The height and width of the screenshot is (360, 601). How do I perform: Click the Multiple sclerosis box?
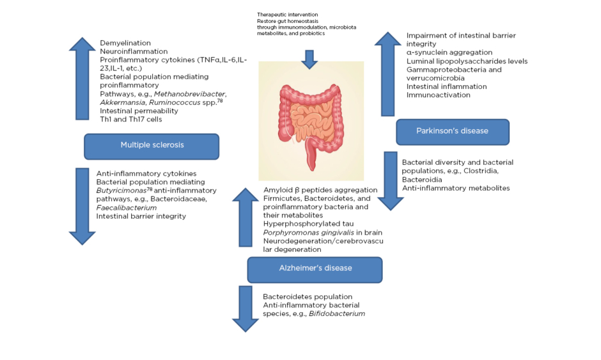pos(152,145)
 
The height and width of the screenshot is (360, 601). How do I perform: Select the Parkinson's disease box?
pos(452,131)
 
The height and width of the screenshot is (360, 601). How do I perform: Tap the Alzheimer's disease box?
pos(315,269)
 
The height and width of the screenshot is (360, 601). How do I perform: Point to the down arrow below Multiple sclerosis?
pos(82,205)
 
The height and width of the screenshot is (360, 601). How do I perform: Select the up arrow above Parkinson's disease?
pos(388,74)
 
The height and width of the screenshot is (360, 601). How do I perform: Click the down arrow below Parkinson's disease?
pos(390,181)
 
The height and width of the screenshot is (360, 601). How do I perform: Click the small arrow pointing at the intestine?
pos(309,59)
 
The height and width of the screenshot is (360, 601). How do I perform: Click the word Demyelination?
pos(125,43)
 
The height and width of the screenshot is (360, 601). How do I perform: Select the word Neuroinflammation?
pos(134,51)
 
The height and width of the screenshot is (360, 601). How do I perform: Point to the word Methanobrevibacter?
pos(191,93)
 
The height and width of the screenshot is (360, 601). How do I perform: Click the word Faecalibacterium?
pos(127,208)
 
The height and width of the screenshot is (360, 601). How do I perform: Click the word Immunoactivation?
pos(439,95)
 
